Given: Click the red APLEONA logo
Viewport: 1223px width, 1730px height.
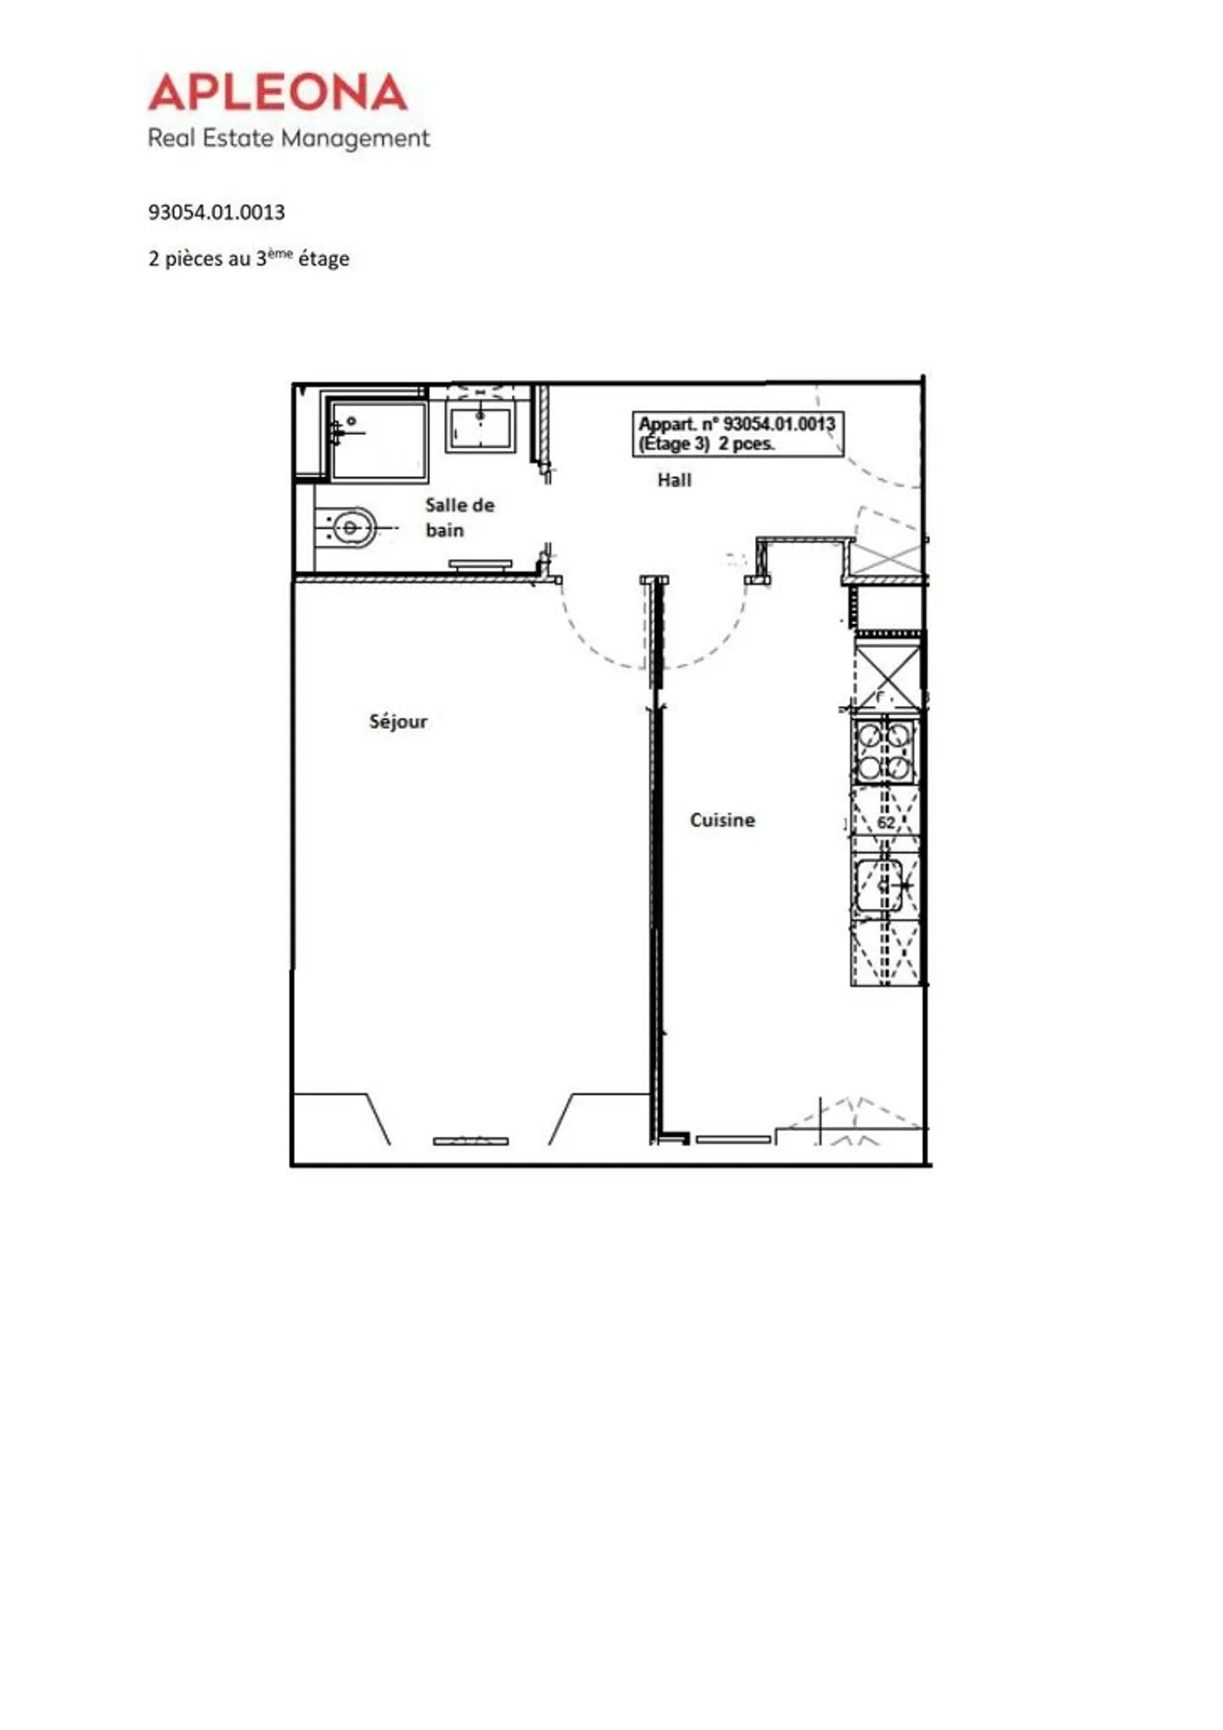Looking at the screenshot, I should click(x=278, y=93).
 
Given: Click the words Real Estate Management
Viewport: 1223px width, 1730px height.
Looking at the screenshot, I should click(x=289, y=138).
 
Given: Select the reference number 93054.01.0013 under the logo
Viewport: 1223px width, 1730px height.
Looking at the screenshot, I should click(x=217, y=212).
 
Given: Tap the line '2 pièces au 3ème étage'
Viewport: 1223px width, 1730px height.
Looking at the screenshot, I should click(x=249, y=258).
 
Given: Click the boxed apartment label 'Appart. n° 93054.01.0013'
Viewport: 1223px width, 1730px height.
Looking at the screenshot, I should click(x=737, y=434).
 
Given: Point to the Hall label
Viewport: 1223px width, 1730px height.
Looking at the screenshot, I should click(x=674, y=481).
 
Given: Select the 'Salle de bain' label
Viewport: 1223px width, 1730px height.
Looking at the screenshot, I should click(x=459, y=517).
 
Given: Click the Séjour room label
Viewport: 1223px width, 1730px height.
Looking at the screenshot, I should click(x=397, y=722).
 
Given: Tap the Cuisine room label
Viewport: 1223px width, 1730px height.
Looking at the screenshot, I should click(x=722, y=820).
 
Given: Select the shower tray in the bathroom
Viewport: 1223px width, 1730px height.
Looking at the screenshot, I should click(x=379, y=440).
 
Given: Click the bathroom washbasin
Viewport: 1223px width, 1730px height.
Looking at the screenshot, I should click(x=481, y=428).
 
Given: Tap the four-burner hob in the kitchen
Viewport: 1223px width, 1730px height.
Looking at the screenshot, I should click(x=884, y=752).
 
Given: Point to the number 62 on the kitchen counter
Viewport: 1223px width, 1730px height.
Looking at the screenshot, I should click(x=886, y=823).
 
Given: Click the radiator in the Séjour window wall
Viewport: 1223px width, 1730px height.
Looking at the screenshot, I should click(x=471, y=1141).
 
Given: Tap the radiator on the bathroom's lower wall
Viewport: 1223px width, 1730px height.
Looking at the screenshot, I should click(x=480, y=564).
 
